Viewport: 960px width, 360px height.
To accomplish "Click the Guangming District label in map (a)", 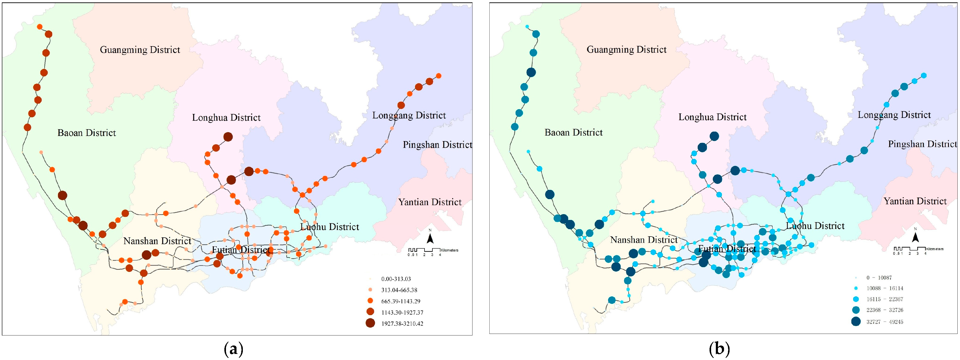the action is (x=140, y=50).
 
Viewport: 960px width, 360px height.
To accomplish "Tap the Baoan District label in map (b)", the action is (x=573, y=132).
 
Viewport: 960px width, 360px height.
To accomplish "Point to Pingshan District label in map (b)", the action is (x=922, y=144).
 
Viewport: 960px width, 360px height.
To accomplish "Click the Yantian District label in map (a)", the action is (x=430, y=202).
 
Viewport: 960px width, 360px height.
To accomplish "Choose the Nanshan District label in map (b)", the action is (x=644, y=240).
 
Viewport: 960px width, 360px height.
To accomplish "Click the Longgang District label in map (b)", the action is (x=894, y=115).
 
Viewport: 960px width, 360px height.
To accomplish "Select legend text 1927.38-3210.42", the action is (x=402, y=324).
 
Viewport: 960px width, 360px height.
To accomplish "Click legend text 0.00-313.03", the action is (x=396, y=279).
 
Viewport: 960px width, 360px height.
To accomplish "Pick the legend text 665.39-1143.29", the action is (x=401, y=301).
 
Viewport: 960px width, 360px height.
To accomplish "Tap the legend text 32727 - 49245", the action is (x=884, y=321).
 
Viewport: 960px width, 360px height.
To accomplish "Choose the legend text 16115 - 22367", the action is (x=884, y=299).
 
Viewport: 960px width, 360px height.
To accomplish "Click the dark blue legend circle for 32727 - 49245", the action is (x=856, y=321).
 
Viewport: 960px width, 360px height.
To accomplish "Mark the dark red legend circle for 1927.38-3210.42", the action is (x=370, y=323).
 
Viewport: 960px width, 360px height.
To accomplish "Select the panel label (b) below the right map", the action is (x=720, y=349).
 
